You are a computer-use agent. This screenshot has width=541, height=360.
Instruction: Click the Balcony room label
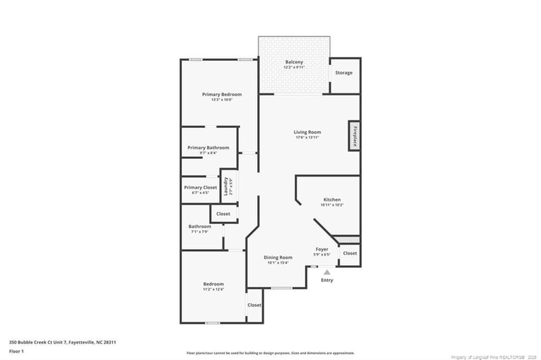pyautogui.click(x=293, y=62)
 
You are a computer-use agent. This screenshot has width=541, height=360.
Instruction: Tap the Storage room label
pyautogui.click(x=344, y=72)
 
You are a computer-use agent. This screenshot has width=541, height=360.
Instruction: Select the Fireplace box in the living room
pyautogui.click(x=353, y=135)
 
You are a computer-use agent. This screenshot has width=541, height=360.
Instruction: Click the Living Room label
pyautogui.click(x=307, y=132)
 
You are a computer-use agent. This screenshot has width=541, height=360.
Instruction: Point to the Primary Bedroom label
pyautogui.click(x=222, y=94)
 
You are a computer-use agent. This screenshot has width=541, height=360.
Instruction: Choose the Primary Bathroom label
pyautogui.click(x=208, y=148)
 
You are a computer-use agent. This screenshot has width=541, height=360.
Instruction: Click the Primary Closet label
pyautogui.click(x=200, y=187)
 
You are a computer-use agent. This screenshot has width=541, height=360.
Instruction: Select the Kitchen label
pyautogui.click(x=331, y=200)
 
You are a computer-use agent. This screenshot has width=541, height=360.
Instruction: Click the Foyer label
pyautogui.click(x=322, y=249)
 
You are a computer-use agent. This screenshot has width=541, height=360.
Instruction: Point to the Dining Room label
pyautogui.click(x=278, y=257)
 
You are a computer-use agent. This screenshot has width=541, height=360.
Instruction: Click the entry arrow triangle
pyautogui.click(x=327, y=271)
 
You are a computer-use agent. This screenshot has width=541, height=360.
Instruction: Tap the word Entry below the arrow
pyautogui.click(x=327, y=280)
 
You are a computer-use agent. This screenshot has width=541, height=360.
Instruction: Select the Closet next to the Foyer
pyautogui.click(x=350, y=253)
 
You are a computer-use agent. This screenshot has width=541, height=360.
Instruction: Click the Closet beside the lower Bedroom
pyautogui.click(x=254, y=305)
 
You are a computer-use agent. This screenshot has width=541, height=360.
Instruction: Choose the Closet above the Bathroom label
pyautogui.click(x=222, y=214)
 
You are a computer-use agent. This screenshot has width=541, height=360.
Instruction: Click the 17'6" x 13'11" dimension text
pyautogui.click(x=307, y=137)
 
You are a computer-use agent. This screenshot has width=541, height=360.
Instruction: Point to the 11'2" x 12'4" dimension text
pyautogui.click(x=213, y=289)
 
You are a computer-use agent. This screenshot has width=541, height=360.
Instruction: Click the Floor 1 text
pyautogui.click(x=16, y=351)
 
